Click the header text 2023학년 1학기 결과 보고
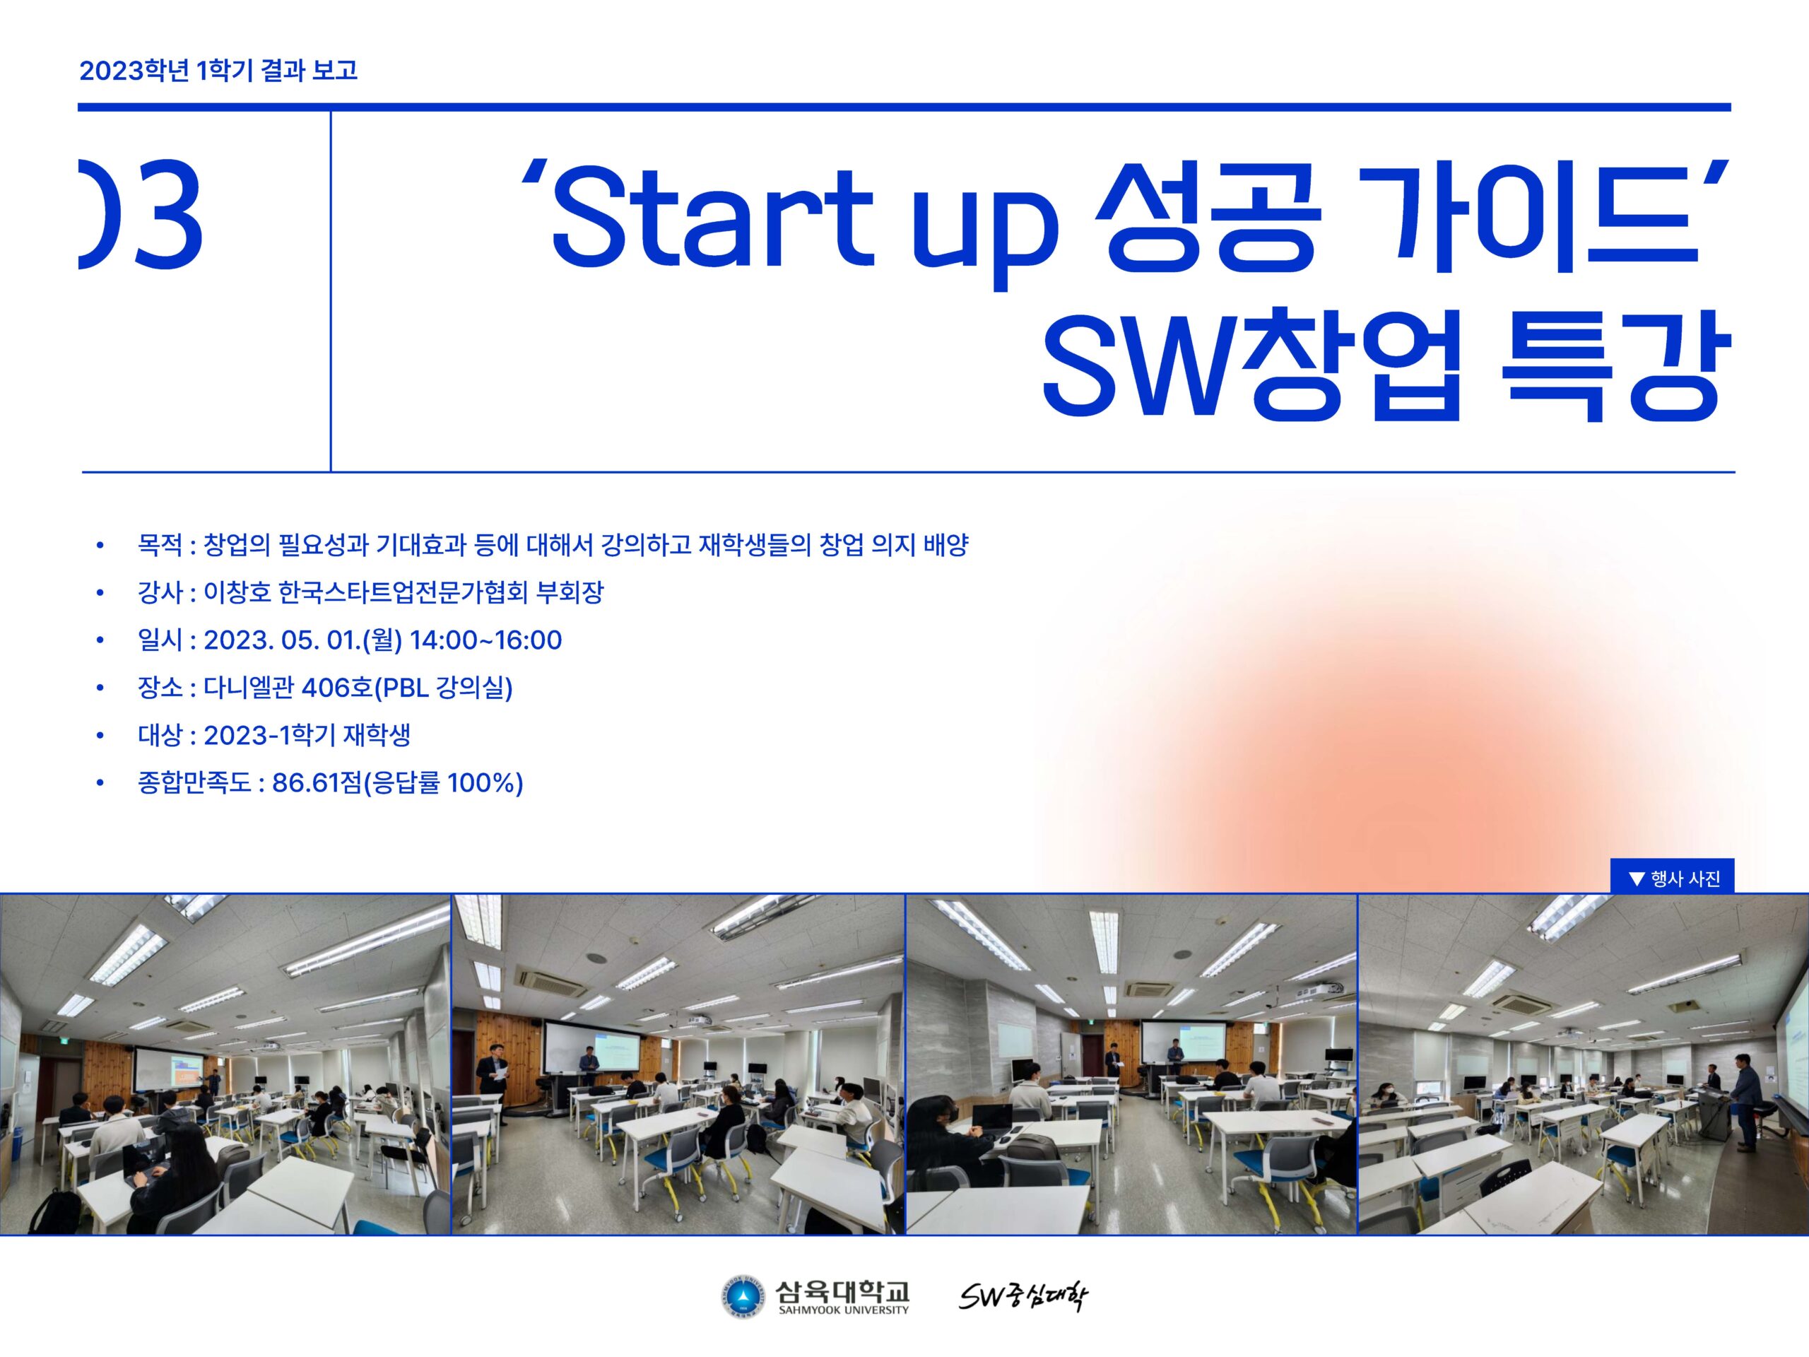click(218, 71)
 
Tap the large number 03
click(141, 214)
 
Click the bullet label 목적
click(160, 545)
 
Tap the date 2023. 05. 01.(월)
click(302, 640)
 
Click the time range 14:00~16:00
click(485, 640)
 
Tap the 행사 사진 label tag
click(1673, 879)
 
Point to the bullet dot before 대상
click(100, 735)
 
